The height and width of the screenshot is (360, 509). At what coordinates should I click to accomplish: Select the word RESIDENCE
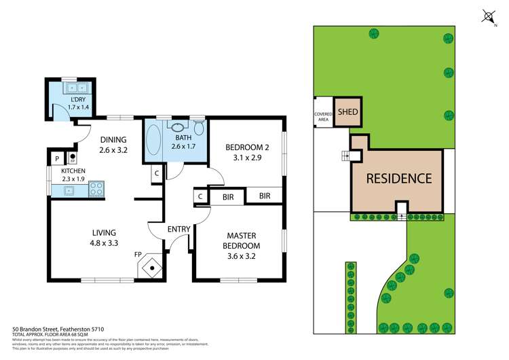[x=399, y=179]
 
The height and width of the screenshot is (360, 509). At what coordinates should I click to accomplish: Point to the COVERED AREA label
[x=323, y=117]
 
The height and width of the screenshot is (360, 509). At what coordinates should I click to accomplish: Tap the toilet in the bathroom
[x=199, y=128]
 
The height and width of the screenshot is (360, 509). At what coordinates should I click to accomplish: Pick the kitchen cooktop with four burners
[x=96, y=190]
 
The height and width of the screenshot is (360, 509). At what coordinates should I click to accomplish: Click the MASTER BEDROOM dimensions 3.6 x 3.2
[x=242, y=256]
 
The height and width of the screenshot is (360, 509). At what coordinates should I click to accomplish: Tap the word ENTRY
[x=178, y=229]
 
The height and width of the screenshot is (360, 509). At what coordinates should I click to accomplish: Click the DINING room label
[x=113, y=141]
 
